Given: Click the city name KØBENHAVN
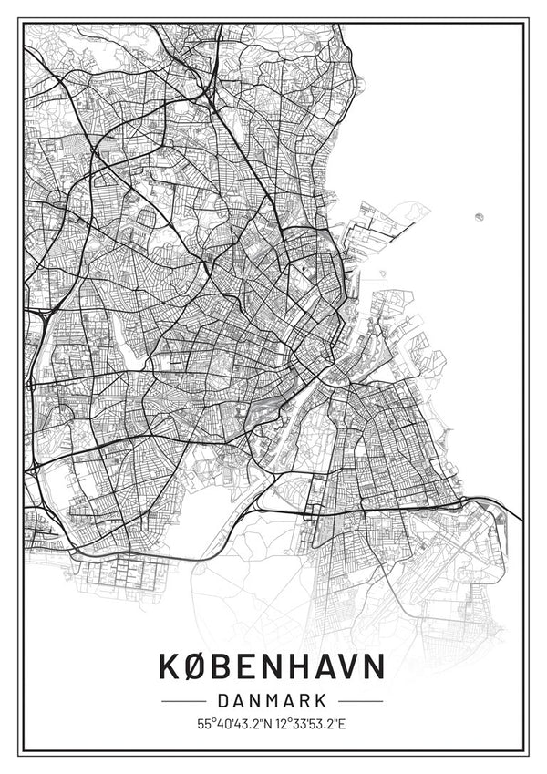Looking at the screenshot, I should [272, 666].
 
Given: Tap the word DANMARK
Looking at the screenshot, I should [272, 701].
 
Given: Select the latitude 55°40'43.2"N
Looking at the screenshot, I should [232, 725].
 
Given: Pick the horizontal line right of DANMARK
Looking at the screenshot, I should [360, 701].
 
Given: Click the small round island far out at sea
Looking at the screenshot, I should [479, 216].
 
